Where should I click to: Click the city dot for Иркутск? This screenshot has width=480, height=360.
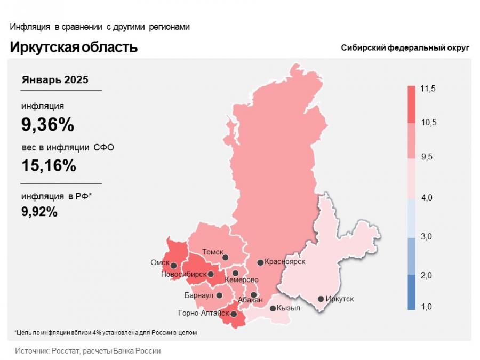point(321,299)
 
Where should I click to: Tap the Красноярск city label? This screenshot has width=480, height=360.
point(285,262)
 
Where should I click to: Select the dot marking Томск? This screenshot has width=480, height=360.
point(225,258)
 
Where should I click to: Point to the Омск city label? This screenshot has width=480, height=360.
point(160,263)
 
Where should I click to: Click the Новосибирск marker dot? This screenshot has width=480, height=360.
point(211,275)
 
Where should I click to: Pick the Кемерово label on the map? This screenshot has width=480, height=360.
point(242,280)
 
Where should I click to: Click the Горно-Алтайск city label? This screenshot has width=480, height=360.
point(203,314)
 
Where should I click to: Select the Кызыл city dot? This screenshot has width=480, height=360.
point(273,308)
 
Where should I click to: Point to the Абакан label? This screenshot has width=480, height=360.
point(250,300)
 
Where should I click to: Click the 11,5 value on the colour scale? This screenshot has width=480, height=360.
point(428,89)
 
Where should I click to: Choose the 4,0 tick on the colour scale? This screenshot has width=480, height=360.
point(427,198)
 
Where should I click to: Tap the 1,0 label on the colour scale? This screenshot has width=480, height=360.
point(427,307)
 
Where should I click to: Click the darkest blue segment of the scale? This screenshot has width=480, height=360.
point(411,292)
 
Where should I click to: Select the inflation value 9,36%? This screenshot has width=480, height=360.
point(47,125)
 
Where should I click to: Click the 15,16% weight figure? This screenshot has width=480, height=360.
point(49,165)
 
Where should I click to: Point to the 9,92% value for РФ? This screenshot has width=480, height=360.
point(39,212)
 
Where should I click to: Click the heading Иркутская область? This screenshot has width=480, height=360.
point(74,47)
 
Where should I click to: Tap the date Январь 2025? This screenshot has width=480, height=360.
point(55,80)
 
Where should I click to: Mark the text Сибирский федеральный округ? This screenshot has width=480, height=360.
point(405,48)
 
